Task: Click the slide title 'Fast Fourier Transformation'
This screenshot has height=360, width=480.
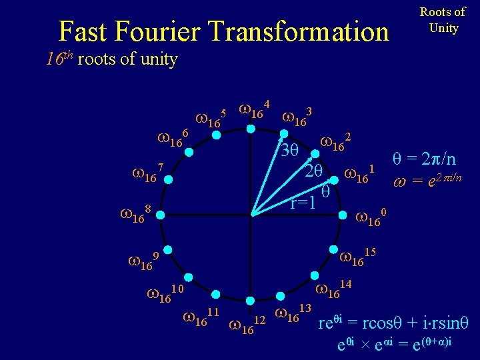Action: pos(223,31)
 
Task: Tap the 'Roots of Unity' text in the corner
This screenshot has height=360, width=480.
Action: pos(442,20)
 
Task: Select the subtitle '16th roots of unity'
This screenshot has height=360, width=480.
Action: pos(111,59)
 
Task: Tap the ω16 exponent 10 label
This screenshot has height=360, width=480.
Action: pos(164,293)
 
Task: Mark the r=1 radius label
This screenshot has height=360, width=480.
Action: pos(303,203)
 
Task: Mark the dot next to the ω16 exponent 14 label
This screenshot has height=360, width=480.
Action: pos(313,275)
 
